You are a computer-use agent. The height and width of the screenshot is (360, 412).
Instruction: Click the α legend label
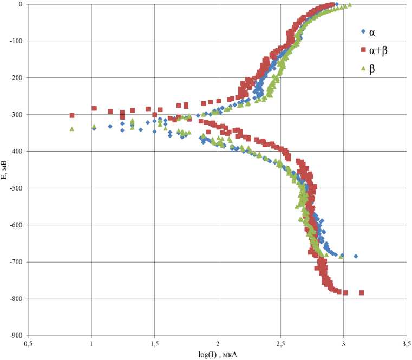[372, 32]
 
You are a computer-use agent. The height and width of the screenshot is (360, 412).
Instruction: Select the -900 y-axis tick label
[14, 336]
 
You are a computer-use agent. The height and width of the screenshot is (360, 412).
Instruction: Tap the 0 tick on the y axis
[19, 4]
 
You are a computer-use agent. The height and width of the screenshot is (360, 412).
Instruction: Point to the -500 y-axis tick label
[14, 188]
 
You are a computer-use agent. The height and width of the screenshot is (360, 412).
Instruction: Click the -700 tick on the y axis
[14, 262]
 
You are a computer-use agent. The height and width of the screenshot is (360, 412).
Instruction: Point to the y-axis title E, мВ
[5, 169]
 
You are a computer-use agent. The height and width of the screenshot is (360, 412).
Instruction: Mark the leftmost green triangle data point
[72, 129]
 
